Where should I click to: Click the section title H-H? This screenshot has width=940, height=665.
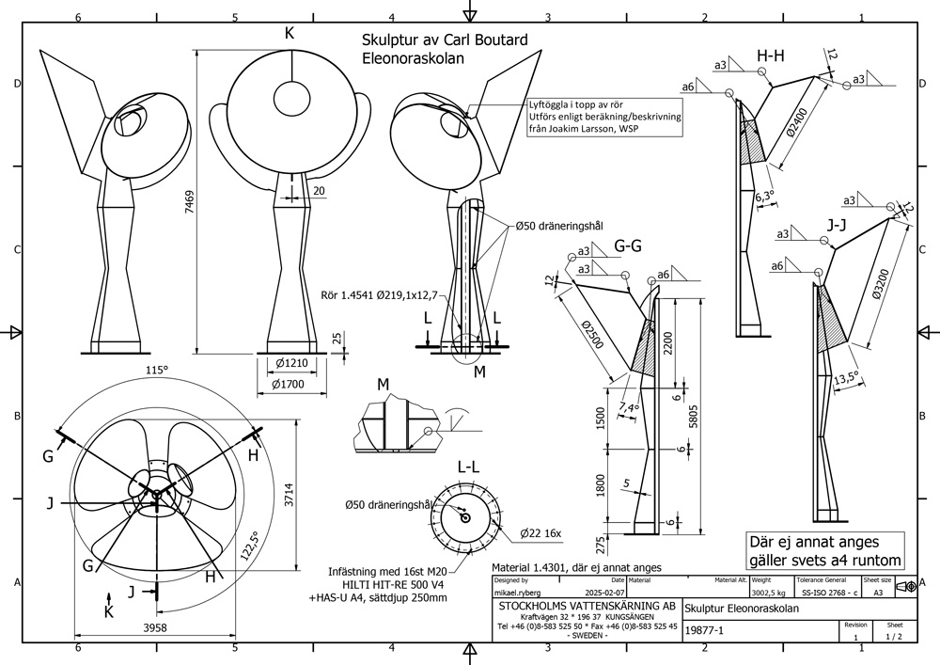(x=771, y=57)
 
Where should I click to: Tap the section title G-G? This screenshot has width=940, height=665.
(x=628, y=246)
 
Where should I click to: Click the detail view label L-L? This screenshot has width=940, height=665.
(x=470, y=467)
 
